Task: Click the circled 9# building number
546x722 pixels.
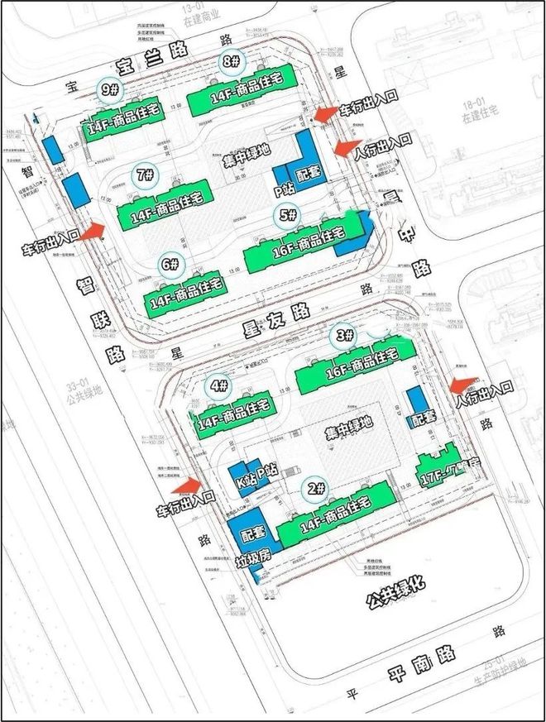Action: pos(109,89)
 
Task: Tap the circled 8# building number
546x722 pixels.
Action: pos(231,63)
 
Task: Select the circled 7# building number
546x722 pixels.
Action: pos(146,175)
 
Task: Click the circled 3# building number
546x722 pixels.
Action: pos(347,335)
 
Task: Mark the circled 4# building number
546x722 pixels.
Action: pos(219,385)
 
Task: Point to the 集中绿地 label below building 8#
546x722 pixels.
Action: pos(246,154)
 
